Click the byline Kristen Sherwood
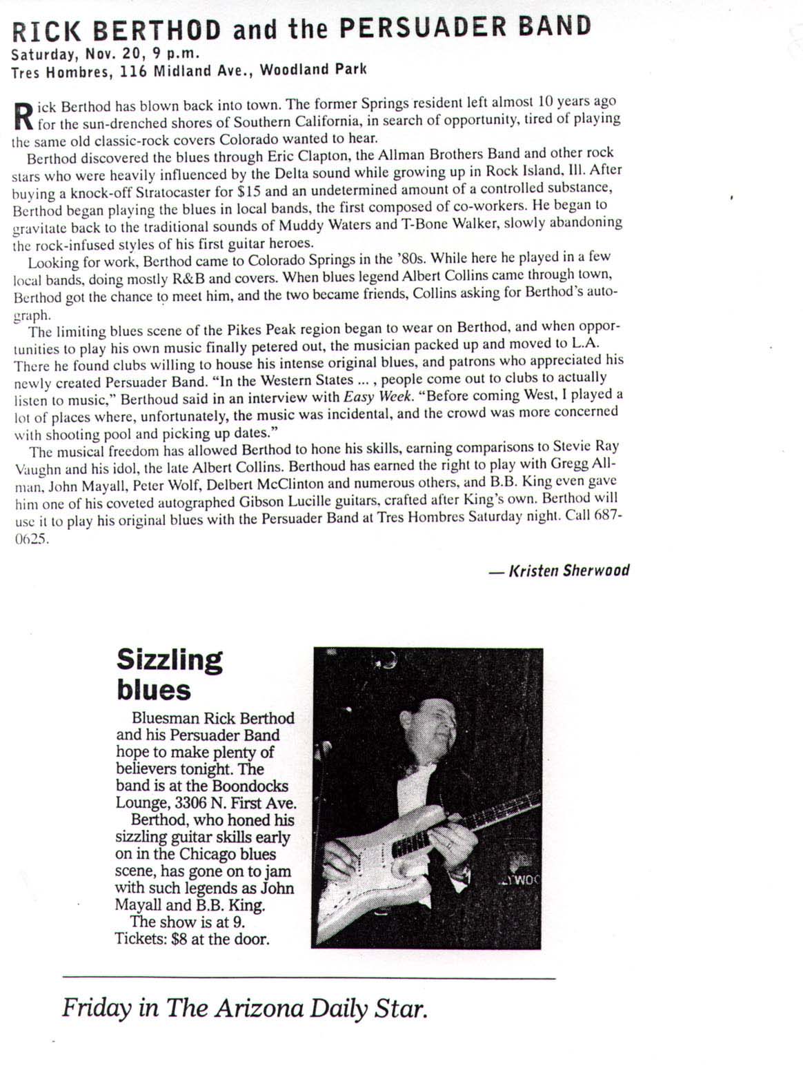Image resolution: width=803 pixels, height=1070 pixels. (568, 571)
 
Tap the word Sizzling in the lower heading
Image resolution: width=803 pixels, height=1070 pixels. (170, 659)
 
